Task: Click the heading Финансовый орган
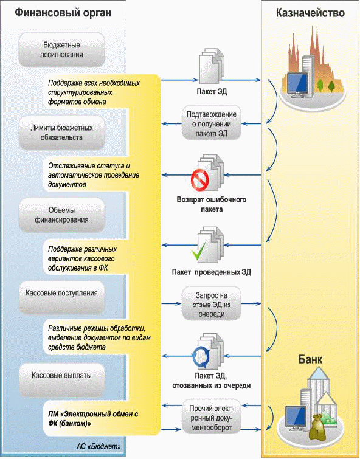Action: [63, 13]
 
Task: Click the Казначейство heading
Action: [310, 13]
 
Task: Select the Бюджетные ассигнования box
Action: [62, 50]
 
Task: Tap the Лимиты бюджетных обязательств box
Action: [62, 133]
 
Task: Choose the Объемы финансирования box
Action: [62, 215]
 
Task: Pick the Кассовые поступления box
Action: [62, 297]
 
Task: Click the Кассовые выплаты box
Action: [62, 380]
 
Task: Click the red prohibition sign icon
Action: [200, 179]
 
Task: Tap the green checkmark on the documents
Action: [199, 252]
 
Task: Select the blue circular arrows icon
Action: [201, 357]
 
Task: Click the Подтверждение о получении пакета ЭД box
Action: [212, 124]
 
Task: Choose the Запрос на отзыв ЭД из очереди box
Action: [212, 305]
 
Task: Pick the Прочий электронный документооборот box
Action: [212, 418]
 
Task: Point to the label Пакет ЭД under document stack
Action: [212, 92]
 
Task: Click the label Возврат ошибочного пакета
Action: [212, 204]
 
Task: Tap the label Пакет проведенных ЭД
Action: [212, 272]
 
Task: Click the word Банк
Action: [310, 359]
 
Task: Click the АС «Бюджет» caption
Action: [99, 446]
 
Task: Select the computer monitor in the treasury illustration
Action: [297, 85]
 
